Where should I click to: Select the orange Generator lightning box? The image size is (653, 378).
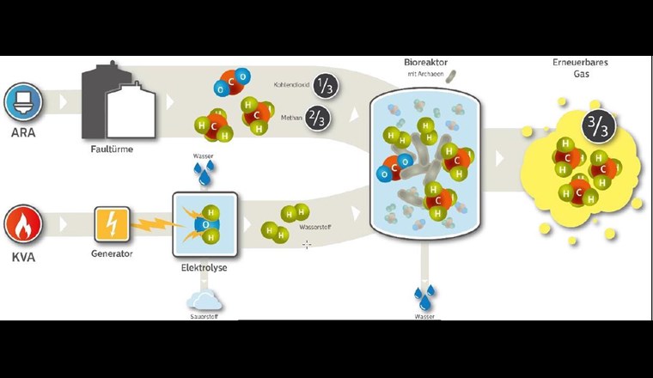[x=113, y=225]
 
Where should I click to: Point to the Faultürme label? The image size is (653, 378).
[x=113, y=149]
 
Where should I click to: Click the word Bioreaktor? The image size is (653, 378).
[x=424, y=62]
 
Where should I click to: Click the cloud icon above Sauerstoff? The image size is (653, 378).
[x=204, y=298]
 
